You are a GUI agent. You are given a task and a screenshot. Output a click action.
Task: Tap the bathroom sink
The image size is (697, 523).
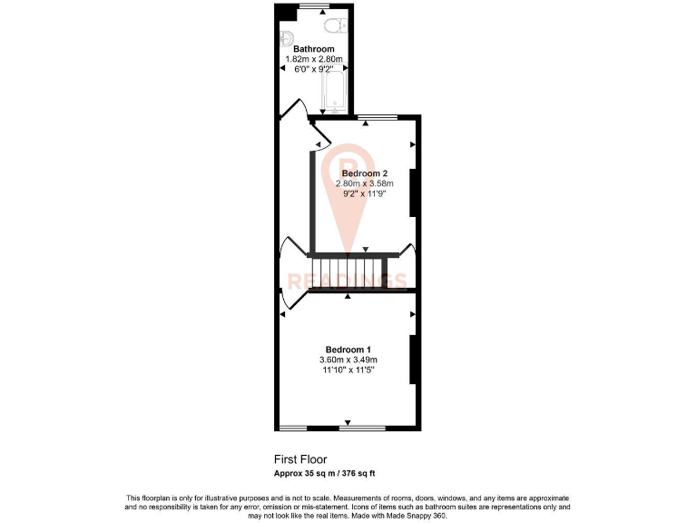click(285, 37)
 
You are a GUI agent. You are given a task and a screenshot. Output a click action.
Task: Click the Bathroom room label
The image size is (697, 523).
click(313, 49)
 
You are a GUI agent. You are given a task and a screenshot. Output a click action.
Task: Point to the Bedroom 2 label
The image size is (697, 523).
click(365, 173)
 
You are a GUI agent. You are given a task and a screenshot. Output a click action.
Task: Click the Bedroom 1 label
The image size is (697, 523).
click(348, 350)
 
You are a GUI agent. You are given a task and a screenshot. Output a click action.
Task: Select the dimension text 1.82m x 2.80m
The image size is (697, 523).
click(313, 59)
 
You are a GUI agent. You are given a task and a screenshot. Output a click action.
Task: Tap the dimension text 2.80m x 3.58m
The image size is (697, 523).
click(365, 183)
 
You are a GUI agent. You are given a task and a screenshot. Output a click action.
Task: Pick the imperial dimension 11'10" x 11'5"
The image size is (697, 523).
click(348, 370)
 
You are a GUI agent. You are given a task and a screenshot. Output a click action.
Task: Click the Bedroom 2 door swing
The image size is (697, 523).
click(321, 140)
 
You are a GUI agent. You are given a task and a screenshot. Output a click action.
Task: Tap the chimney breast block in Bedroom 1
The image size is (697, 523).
click(413, 360)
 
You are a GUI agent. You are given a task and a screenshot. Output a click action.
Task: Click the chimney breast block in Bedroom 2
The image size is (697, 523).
click(413, 192)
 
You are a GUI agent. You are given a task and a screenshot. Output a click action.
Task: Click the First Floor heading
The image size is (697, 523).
click(300, 459)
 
